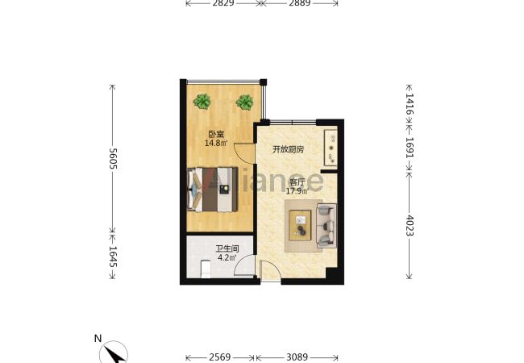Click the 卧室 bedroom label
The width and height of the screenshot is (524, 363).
pyautogui.click(x=216, y=135)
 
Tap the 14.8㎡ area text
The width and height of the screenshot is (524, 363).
pyautogui.click(x=216, y=144)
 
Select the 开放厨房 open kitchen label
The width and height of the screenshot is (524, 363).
pyautogui.click(x=288, y=149)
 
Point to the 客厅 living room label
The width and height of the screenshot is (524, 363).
pyautogui.click(x=297, y=182)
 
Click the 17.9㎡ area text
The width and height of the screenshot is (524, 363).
pyautogui.click(x=297, y=191)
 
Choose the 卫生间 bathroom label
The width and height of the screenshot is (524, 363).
pyautogui.click(x=227, y=249)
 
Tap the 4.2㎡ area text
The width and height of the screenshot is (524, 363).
pyautogui.click(x=227, y=257)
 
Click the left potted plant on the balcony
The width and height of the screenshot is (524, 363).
pyautogui.click(x=202, y=102)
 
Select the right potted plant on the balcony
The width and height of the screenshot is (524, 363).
pyautogui.click(x=244, y=102)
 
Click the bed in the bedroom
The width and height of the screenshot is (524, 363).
pyautogui.click(x=213, y=190)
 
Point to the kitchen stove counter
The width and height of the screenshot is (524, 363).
pyautogui.click(x=331, y=148)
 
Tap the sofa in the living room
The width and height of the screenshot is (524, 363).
pyautogui.click(x=326, y=225)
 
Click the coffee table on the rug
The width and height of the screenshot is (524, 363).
pyautogui.click(x=300, y=225)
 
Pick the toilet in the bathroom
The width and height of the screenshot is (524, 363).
pyautogui.click(x=206, y=269)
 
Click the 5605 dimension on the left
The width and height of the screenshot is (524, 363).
pyautogui.click(x=113, y=158)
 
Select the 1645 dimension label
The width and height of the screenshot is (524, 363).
pyautogui.click(x=113, y=257)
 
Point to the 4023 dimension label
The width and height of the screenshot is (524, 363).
pyautogui.click(x=410, y=225)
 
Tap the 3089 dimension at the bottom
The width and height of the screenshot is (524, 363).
pyautogui.click(x=297, y=357)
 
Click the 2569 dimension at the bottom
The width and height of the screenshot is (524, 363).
pyautogui.click(x=219, y=357)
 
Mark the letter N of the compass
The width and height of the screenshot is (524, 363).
pyautogui.click(x=98, y=339)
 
